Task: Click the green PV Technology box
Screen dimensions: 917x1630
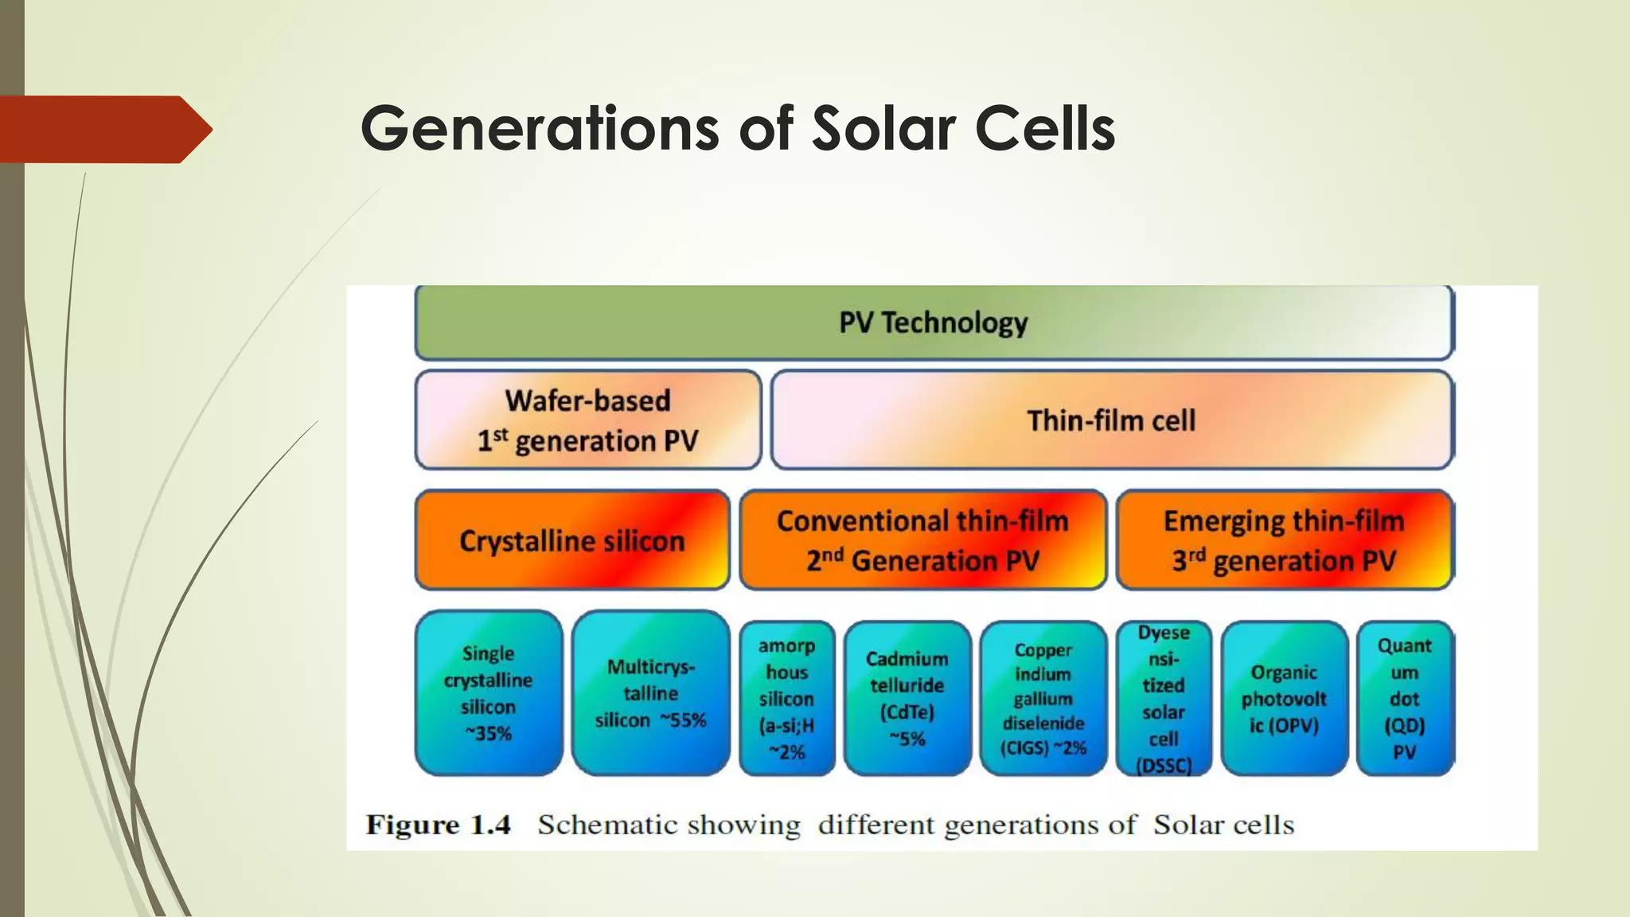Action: [934, 322]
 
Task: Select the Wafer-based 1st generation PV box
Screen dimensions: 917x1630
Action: [588, 420]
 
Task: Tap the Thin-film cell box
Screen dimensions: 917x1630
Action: [1111, 420]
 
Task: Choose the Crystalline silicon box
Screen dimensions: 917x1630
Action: [571, 540]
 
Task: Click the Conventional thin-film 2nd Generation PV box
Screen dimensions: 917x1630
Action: [922, 540]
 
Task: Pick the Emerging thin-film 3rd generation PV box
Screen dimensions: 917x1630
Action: [1284, 540]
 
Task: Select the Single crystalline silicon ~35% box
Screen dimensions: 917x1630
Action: [488, 693]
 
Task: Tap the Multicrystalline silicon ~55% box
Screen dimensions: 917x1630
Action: [650, 693]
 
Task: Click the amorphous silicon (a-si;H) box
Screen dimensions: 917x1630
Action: [786, 698]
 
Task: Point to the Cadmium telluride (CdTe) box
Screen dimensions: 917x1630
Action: [907, 698]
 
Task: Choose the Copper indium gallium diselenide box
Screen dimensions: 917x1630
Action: [1043, 698]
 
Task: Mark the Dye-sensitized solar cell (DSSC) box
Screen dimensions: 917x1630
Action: [1163, 698]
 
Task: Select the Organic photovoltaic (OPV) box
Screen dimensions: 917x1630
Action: [1284, 698]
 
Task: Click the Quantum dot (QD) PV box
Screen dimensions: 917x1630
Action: [1404, 698]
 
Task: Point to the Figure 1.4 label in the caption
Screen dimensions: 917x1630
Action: [438, 825]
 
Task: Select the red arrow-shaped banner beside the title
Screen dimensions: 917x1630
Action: [103, 129]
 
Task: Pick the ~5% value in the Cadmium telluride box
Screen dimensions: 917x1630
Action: [907, 739]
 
